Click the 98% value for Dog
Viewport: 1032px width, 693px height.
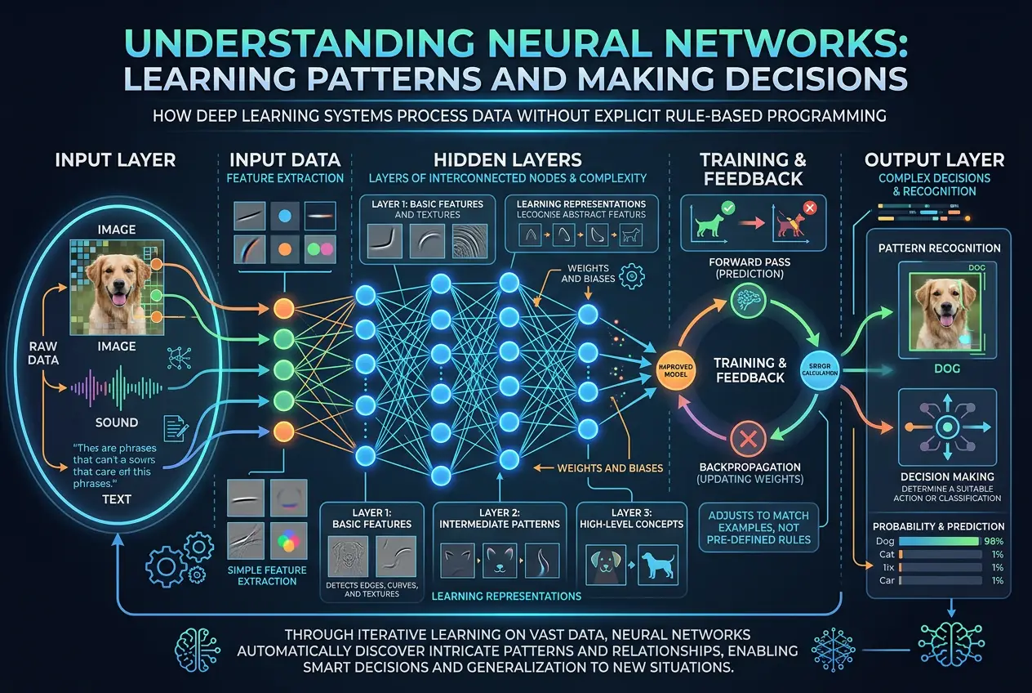pyautogui.click(x=993, y=541)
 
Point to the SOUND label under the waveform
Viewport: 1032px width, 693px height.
pyautogui.click(x=117, y=423)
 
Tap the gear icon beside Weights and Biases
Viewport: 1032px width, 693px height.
pyautogui.click(x=629, y=279)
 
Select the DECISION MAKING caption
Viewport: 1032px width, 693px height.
pyautogui.click(x=946, y=476)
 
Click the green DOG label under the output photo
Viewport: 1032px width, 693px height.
pyautogui.click(x=946, y=369)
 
